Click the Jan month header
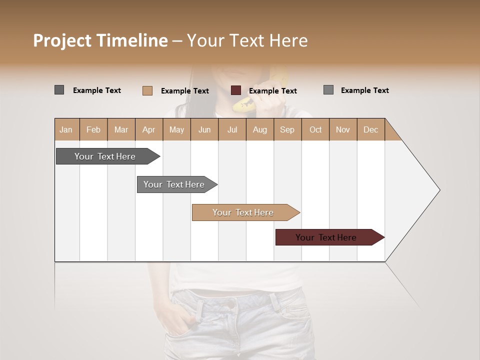click(66, 129)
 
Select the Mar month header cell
click(121, 129)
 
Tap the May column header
click(176, 129)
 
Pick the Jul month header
click(232, 129)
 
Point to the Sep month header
click(287, 129)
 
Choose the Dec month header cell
click(370, 129)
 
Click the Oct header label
click(315, 129)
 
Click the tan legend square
click(147, 90)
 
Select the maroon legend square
click(236, 90)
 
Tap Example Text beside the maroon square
click(272, 91)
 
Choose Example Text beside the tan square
click(184, 91)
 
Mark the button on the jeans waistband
click(230, 303)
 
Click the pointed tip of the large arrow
click(439, 190)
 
